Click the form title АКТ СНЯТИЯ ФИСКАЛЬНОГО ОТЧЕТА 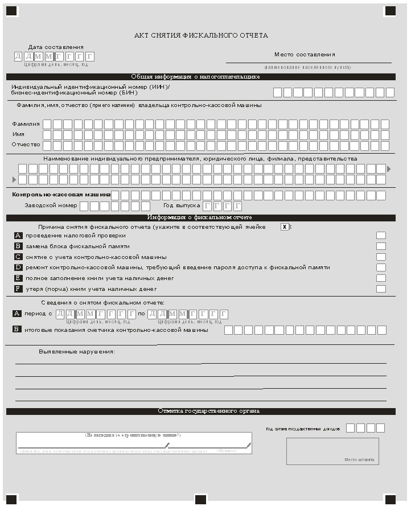[x=201, y=35]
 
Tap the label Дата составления [x=56, y=47]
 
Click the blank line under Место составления [x=309, y=61]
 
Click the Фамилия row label [x=26, y=124]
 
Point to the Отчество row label [x=26, y=145]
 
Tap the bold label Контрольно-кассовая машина [x=61, y=195]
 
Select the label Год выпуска [x=182, y=205]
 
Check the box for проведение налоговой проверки [x=381, y=236]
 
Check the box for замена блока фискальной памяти [x=381, y=246]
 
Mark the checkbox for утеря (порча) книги [x=381, y=289]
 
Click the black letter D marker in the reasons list [x=18, y=268]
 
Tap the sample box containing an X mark [x=284, y=227]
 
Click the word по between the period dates [x=141, y=314]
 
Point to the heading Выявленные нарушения [x=77, y=351]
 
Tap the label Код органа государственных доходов [x=303, y=429]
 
